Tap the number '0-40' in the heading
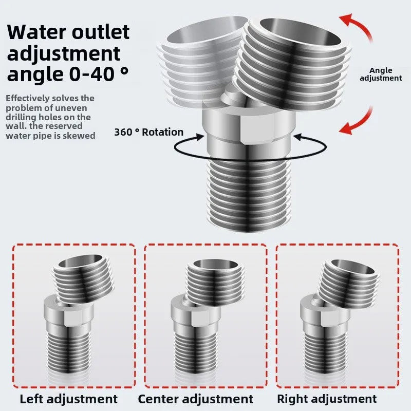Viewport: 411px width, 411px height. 91,74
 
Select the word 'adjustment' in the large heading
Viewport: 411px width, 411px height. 63,54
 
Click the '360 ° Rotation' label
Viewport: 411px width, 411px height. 148,132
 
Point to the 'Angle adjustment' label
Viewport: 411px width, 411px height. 381,74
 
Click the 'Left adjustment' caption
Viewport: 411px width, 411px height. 69,399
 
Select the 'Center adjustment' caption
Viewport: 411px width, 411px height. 196,399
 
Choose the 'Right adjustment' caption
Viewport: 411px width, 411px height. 327,399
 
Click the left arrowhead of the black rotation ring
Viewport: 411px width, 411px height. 200,137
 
